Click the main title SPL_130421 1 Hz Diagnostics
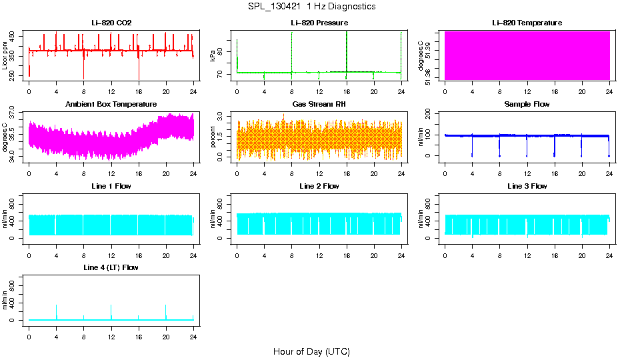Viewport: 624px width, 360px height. click(x=311, y=6)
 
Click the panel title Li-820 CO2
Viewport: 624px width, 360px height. click(x=111, y=23)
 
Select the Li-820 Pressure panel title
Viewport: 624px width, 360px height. click(x=319, y=23)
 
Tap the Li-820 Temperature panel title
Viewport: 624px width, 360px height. click(x=527, y=23)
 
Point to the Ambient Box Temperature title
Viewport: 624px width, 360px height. click(x=111, y=104)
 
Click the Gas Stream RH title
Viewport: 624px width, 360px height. click(x=319, y=104)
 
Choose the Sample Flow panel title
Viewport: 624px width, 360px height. click(x=527, y=104)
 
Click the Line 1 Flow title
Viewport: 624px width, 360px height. click(x=111, y=186)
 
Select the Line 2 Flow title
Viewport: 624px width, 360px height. click(x=319, y=186)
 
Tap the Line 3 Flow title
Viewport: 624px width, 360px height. click(x=527, y=186)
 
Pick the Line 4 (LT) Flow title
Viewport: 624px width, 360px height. click(x=111, y=267)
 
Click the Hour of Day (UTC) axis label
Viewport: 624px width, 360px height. click(x=311, y=351)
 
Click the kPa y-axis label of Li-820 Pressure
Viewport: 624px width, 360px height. click(x=213, y=56)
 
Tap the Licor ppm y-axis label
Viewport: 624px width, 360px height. click(x=5, y=56)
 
